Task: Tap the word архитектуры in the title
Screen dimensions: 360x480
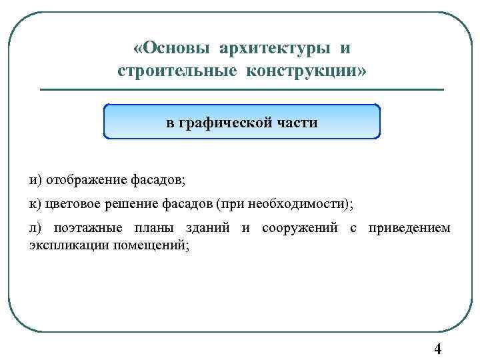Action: click(275, 49)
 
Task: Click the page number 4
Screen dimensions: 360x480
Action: click(437, 349)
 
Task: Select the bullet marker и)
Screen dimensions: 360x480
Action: click(35, 180)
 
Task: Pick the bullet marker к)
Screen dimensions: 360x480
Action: click(35, 203)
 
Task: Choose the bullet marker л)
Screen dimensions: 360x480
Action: click(35, 228)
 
